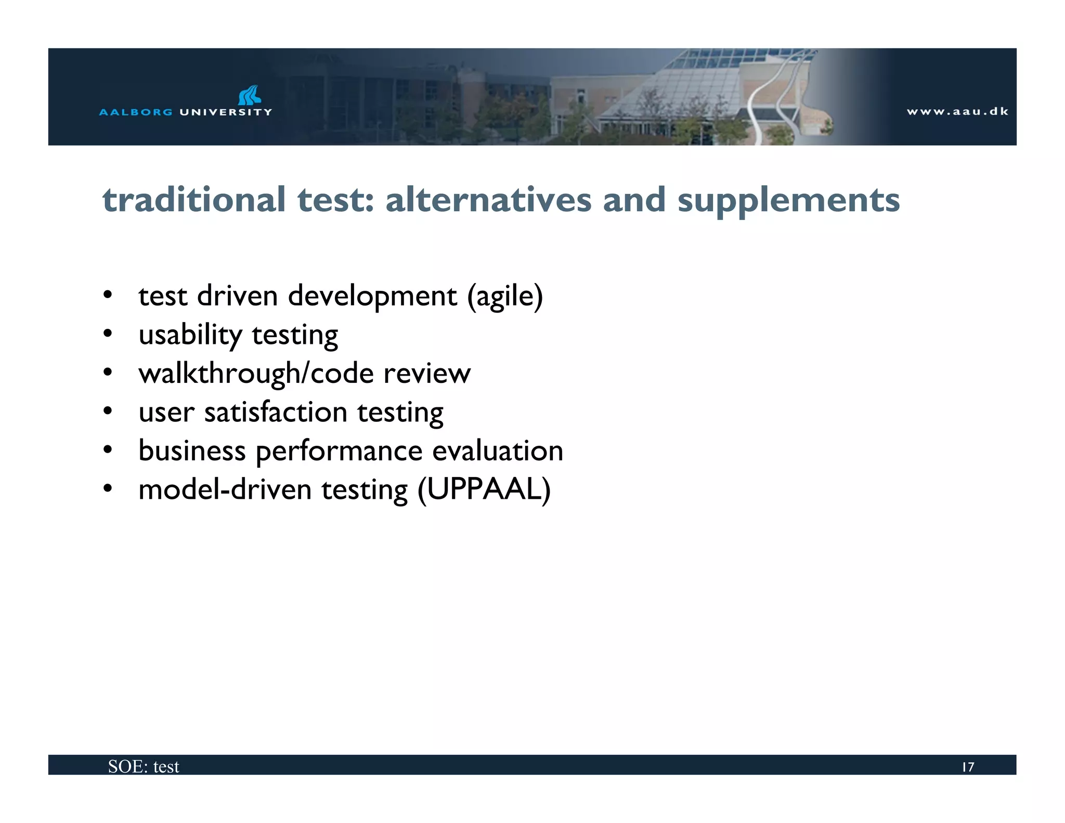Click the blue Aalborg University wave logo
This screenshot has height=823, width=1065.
tap(250, 95)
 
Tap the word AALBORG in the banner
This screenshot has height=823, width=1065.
tap(136, 112)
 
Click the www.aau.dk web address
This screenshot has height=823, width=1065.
tap(957, 111)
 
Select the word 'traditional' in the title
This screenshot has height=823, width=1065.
tap(194, 200)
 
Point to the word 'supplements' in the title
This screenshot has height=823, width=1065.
tap(788, 201)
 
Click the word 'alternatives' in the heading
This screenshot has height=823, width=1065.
tap(488, 200)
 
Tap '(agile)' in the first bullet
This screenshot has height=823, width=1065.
tap(505, 297)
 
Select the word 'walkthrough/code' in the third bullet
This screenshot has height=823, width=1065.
tap(256, 374)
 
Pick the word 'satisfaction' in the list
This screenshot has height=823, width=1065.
tap(276, 412)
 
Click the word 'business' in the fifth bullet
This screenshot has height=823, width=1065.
tap(192, 451)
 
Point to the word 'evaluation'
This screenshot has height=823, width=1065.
tap(498, 451)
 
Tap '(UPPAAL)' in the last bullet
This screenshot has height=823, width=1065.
tap(484, 490)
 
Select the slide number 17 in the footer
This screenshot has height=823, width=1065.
tap(968, 767)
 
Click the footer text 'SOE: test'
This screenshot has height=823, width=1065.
tap(144, 766)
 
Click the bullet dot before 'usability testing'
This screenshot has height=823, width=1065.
tap(108, 333)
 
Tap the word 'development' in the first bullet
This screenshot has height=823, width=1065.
tap(372, 297)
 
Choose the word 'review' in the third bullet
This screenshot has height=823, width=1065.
tap(427, 374)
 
